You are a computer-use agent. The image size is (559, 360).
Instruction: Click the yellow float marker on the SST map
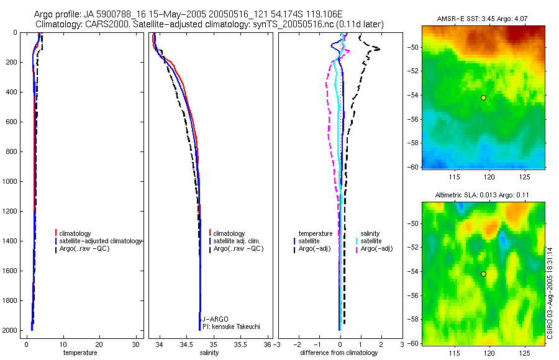[483, 97]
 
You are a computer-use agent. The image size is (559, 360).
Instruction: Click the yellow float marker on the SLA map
[483, 274]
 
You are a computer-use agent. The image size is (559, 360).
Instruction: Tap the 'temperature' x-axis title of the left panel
[80, 353]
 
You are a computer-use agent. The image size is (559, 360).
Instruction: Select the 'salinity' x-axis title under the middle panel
[209, 353]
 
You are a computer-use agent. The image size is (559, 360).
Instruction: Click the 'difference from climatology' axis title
[339, 353]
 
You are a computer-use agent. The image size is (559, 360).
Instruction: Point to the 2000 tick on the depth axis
[11, 330]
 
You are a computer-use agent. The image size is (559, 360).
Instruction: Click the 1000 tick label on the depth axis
[11, 181]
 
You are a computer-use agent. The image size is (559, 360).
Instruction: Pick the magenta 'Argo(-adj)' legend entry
[376, 248]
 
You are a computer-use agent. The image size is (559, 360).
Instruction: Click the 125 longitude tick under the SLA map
[525, 353]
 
